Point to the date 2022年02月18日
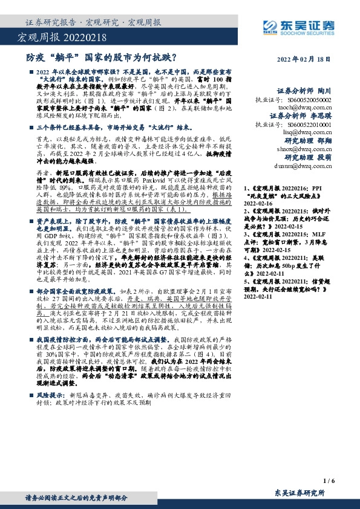click(309, 60)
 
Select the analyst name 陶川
click(325, 88)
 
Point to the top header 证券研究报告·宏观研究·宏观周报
click(94, 23)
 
